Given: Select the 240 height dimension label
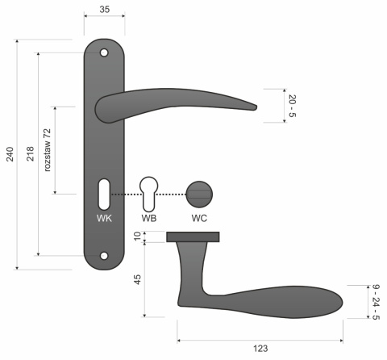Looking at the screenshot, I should click(10, 154).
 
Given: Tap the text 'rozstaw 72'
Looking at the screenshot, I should click(48, 150).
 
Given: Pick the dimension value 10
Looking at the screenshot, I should click(137, 237).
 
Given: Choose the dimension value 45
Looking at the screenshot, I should click(137, 279).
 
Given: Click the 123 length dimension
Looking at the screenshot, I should click(260, 349).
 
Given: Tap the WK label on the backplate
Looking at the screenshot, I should click(104, 218).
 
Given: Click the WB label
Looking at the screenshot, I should click(149, 218).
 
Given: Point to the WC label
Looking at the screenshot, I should click(199, 218).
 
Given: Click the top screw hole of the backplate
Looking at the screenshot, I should click(104, 53).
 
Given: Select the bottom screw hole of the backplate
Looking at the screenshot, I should click(104, 256).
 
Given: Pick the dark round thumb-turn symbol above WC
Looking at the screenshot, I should click(199, 194).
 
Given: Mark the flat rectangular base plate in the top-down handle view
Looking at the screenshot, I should click(193, 237).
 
